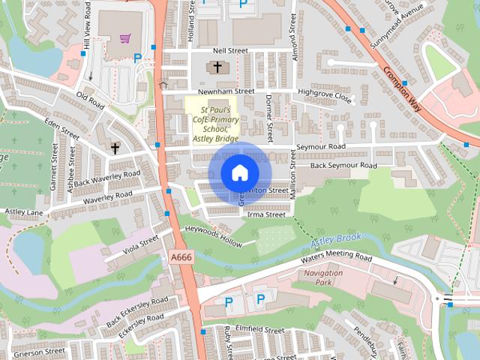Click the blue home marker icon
pyautogui.click(x=239, y=172)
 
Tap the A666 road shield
pyautogui.click(x=180, y=257)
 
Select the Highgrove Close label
pyautogui.click(x=324, y=96)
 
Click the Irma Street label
pyautogui.click(x=266, y=214)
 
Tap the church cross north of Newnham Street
pyautogui.click(x=217, y=67)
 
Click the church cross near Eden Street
pyautogui.click(x=115, y=148)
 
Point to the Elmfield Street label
pyautogui.click(x=259, y=329)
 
